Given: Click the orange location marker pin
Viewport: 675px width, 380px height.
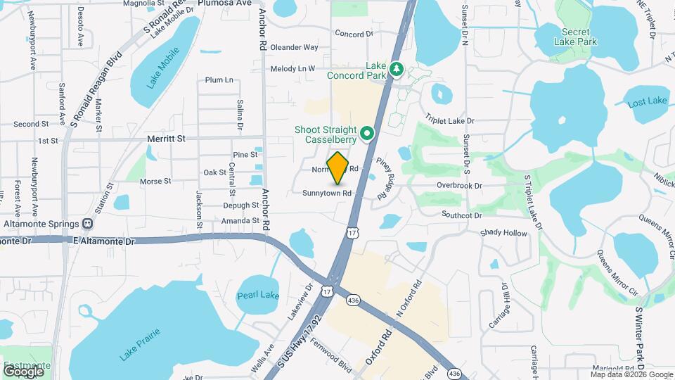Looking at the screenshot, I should coord(338,168).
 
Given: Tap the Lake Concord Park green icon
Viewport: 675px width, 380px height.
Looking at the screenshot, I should coord(396,69).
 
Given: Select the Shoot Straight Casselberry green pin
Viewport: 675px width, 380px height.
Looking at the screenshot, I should coord(366,133).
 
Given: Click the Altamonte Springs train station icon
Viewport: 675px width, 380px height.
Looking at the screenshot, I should coord(88,224).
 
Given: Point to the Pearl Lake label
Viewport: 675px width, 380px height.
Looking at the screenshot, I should coord(258,296).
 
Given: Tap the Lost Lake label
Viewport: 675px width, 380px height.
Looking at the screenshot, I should coord(647,101).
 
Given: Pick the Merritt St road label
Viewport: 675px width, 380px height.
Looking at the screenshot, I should coord(166,139).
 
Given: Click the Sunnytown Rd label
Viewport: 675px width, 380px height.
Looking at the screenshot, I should coord(327,193).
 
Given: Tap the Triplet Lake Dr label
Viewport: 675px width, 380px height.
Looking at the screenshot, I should coord(449,121).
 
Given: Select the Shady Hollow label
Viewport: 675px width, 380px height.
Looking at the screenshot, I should coord(503,233).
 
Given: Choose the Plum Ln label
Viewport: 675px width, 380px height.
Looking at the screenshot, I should coord(219,80).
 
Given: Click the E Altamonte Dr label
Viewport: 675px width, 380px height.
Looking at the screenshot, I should coord(103,241).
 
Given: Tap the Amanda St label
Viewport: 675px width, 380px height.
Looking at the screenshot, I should coord(240,221).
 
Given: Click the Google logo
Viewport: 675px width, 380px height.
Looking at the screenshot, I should coord(24,371).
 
